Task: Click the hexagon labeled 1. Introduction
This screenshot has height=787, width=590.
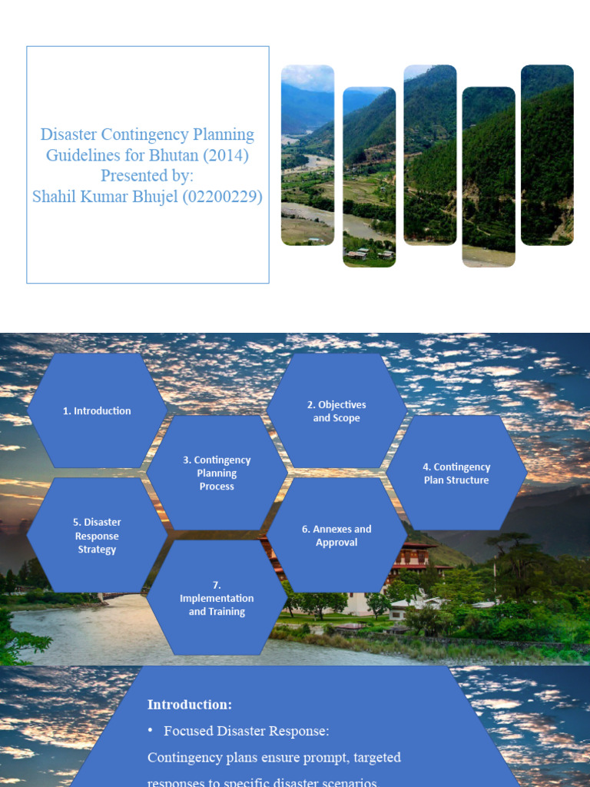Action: pyautogui.click(x=97, y=411)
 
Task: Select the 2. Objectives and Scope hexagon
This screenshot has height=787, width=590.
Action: pyautogui.click(x=336, y=411)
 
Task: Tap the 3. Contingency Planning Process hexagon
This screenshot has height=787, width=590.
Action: pyautogui.click(x=217, y=473)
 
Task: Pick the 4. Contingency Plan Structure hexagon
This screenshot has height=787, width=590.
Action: pyautogui.click(x=456, y=473)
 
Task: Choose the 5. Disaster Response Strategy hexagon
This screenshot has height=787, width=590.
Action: pyautogui.click(x=97, y=536)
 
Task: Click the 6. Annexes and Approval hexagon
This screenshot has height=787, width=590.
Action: pyautogui.click(x=336, y=536)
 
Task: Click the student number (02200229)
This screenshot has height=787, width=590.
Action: pyautogui.click(x=227, y=198)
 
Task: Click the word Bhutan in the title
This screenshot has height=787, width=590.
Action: pyautogui.click(x=180, y=155)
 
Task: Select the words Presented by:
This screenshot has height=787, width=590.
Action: pyautogui.click(x=147, y=176)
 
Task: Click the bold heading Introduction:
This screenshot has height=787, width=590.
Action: pyautogui.click(x=190, y=704)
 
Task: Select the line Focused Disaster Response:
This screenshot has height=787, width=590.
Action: pyautogui.click(x=246, y=730)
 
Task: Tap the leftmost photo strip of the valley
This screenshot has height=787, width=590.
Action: pyautogui.click(x=307, y=155)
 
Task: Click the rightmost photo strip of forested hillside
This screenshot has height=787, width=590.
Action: pyautogui.click(x=547, y=155)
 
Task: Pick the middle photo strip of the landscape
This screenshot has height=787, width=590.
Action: pyautogui.click(x=430, y=155)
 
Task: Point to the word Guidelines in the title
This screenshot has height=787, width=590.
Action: pyautogui.click(x=82, y=155)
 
